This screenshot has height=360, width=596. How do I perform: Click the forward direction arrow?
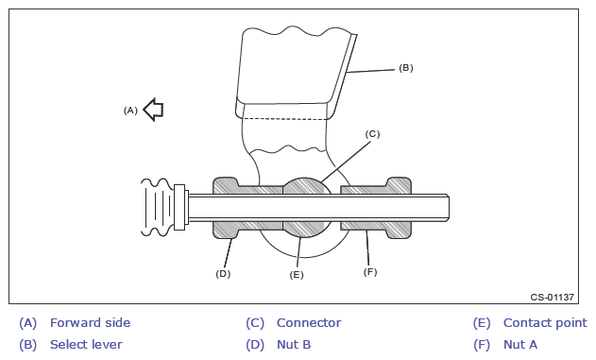tap(154, 110)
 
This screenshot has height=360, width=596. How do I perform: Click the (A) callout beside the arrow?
tap(130, 111)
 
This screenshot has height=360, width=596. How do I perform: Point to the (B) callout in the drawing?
tap(406, 68)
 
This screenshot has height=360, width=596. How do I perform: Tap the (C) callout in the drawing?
tap(372, 134)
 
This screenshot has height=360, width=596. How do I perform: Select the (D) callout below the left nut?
tap(223, 274)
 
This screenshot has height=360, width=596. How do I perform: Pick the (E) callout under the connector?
tap(297, 274)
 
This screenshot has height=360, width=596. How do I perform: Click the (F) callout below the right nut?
tap(370, 272)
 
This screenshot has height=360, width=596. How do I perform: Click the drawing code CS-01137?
tap(553, 297)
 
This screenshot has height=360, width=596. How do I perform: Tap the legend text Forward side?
tap(90, 323)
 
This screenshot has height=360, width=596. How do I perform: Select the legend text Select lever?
tap(86, 345)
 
